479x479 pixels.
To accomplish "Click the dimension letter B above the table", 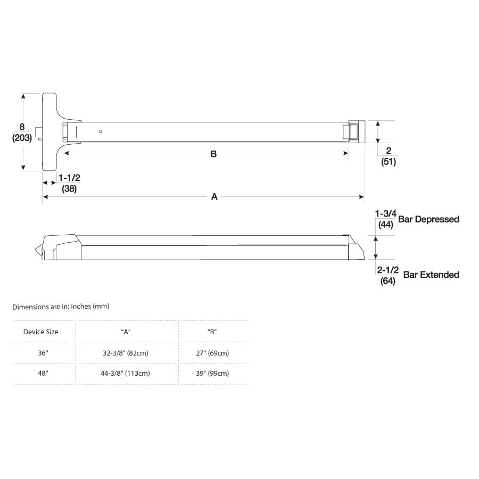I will [x=213, y=154].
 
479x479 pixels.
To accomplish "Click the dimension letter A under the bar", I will [x=214, y=197].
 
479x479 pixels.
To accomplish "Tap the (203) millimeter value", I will [x=22, y=138].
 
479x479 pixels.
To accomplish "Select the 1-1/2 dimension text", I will [x=69, y=177].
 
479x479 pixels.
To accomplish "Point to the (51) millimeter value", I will [x=389, y=162].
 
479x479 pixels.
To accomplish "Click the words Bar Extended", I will [x=431, y=275].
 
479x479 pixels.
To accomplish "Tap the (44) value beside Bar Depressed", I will [x=386, y=225].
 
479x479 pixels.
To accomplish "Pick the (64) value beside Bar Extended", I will [x=387, y=281].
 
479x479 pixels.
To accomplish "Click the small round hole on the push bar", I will [x=101, y=131].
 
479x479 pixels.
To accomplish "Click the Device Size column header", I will [x=41, y=332].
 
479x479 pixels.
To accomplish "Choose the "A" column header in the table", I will [x=126, y=332].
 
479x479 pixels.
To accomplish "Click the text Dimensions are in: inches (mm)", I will [x=61, y=307].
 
